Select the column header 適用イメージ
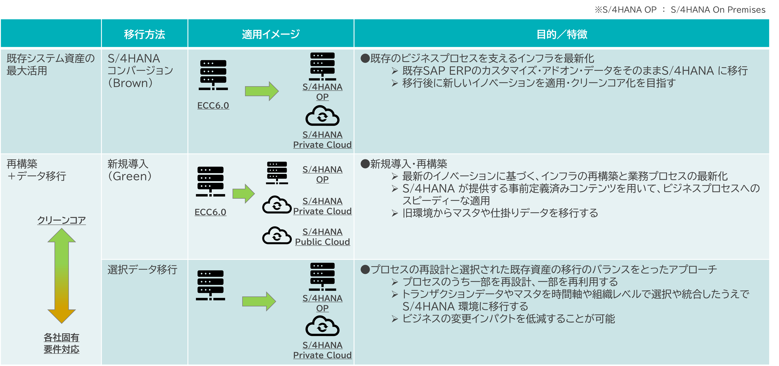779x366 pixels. click(x=271, y=34)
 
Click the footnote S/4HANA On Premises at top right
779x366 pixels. click(x=718, y=10)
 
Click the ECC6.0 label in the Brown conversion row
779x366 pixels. click(x=213, y=105)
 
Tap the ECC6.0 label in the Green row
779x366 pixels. click(x=210, y=212)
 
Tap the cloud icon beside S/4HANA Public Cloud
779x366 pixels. click(x=277, y=235)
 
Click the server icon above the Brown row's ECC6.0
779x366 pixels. click(x=213, y=75)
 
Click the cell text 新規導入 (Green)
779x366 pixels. click(x=130, y=170)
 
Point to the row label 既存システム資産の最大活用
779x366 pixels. click(x=50, y=64)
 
